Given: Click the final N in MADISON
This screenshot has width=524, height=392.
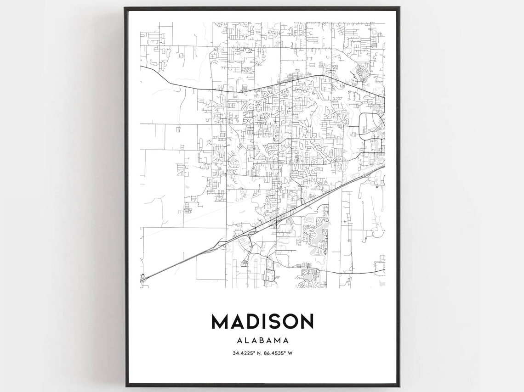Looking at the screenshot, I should pyautogui.click(x=307, y=321).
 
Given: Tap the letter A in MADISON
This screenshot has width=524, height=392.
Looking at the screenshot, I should pyautogui.click(x=237, y=321).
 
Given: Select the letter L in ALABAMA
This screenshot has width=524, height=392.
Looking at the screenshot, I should pyautogui.click(x=247, y=341).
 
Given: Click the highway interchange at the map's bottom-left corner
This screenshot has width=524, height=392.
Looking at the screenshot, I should pyautogui.click(x=143, y=277).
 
